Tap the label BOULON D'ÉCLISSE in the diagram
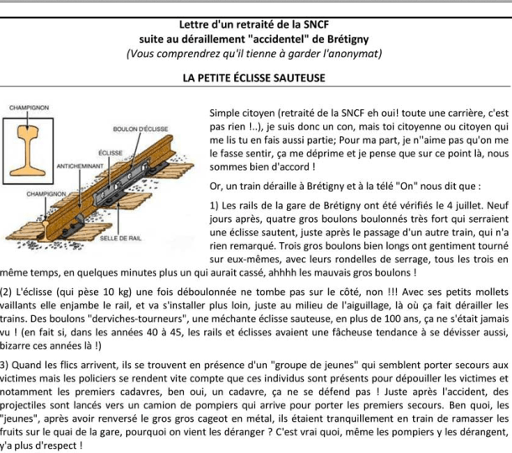click(x=137, y=128)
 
